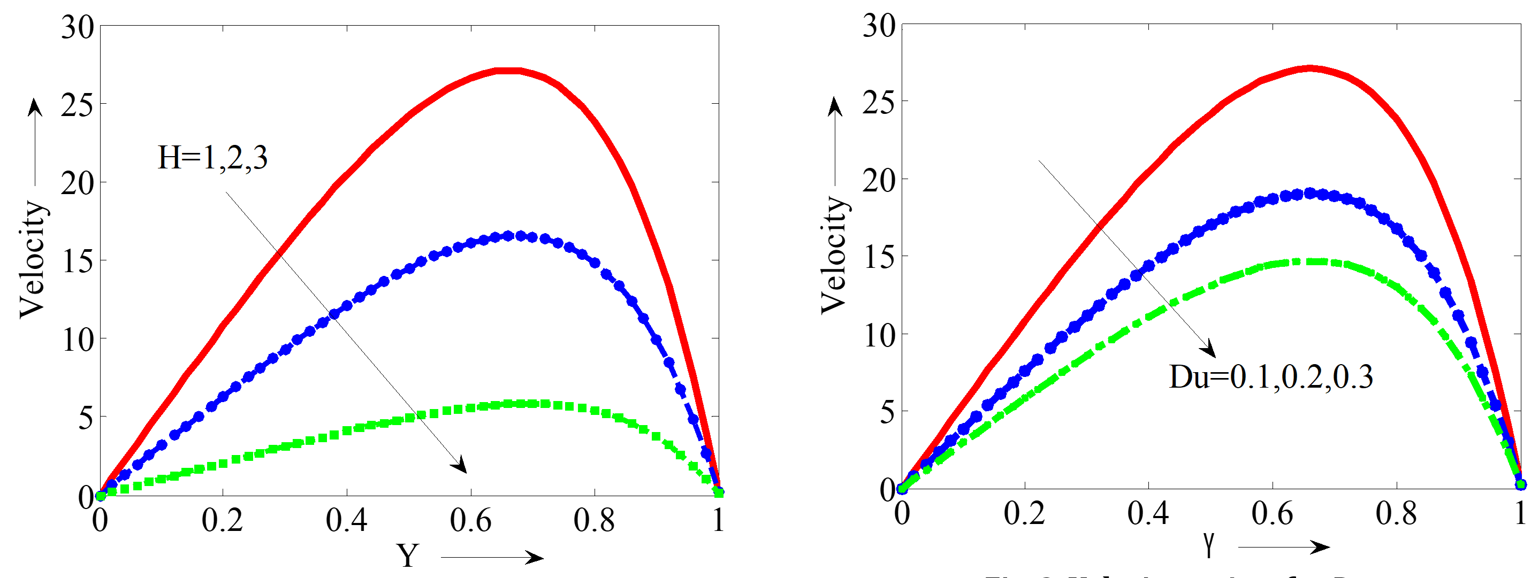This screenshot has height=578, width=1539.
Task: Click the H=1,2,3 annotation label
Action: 212,158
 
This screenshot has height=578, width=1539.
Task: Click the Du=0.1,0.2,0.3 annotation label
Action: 1271,377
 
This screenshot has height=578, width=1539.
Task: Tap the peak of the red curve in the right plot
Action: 1308,68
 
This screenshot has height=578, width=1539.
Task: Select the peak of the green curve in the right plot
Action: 1308,261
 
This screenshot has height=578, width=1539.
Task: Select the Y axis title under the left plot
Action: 408,556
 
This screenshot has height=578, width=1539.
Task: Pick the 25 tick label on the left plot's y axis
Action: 78,105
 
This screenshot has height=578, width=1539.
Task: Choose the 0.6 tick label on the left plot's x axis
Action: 470,520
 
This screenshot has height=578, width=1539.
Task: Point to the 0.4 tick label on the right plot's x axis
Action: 1148,513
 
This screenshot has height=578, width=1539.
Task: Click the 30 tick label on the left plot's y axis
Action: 78,27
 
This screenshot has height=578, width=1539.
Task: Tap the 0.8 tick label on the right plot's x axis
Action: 1396,513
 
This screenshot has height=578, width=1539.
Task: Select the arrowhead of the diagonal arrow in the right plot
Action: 1209,349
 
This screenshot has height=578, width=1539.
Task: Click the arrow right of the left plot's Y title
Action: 492,558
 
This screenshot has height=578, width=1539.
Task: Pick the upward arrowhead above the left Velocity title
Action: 35,107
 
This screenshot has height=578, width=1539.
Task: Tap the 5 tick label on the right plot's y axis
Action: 887,413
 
